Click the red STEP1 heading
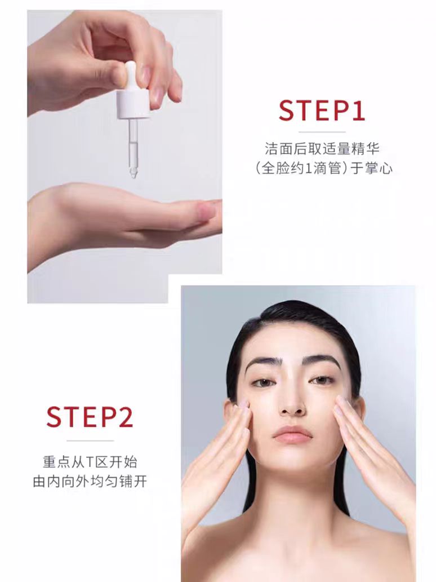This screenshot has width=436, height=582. click(x=322, y=111)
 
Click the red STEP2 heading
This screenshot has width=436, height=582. click(x=90, y=417)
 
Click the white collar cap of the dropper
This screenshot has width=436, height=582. click(x=133, y=105)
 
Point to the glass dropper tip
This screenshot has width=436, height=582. click(x=133, y=173)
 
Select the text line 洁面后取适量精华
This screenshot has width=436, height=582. click(x=322, y=149)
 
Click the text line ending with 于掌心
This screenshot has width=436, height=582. click(x=322, y=169)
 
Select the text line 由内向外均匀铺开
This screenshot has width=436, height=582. click(x=90, y=483)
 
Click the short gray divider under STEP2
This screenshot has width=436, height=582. click(x=90, y=440)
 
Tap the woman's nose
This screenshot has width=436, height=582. click(x=291, y=403)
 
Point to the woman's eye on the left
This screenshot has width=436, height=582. click(x=263, y=382)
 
